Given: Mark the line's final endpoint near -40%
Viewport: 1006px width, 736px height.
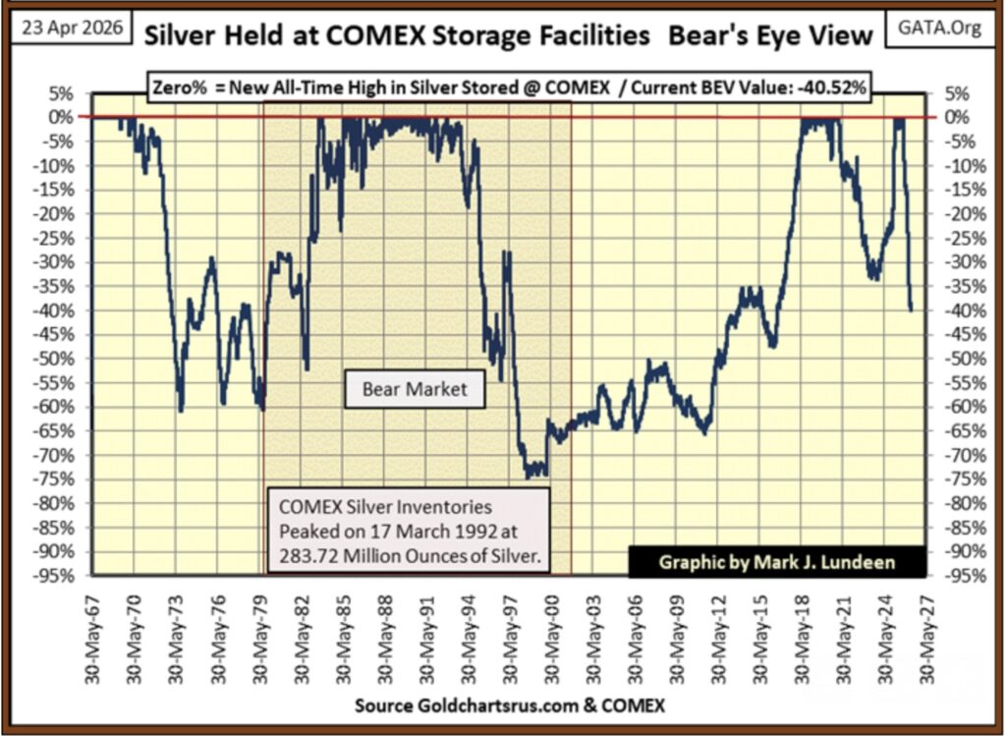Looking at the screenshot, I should [x=911, y=311].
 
